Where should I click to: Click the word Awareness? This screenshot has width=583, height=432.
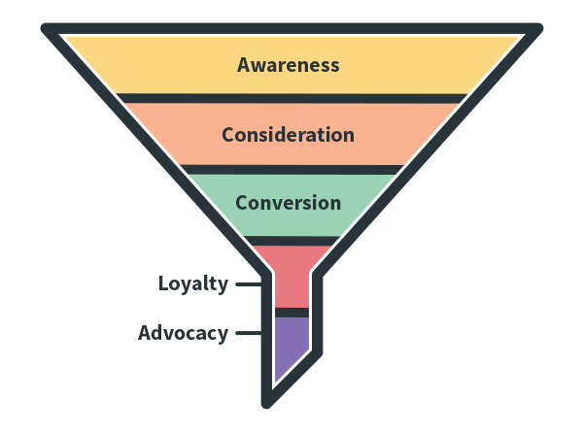[289, 65]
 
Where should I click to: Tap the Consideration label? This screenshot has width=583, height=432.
[288, 135]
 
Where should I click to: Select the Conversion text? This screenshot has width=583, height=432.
[288, 203]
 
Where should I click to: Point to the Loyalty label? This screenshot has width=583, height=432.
[193, 284]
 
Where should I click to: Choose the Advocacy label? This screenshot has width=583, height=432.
[183, 333]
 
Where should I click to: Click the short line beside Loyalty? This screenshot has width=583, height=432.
[248, 284]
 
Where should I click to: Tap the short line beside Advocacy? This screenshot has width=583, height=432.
[248, 333]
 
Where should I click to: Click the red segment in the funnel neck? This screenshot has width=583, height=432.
[291, 277]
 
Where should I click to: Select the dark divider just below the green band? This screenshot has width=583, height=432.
[291, 240]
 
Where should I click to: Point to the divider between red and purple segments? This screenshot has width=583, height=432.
[291, 313]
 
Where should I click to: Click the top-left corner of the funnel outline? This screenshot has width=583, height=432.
[48, 28]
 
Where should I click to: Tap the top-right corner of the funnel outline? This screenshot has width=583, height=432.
[536, 28]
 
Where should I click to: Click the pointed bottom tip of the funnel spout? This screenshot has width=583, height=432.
[269, 401]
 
